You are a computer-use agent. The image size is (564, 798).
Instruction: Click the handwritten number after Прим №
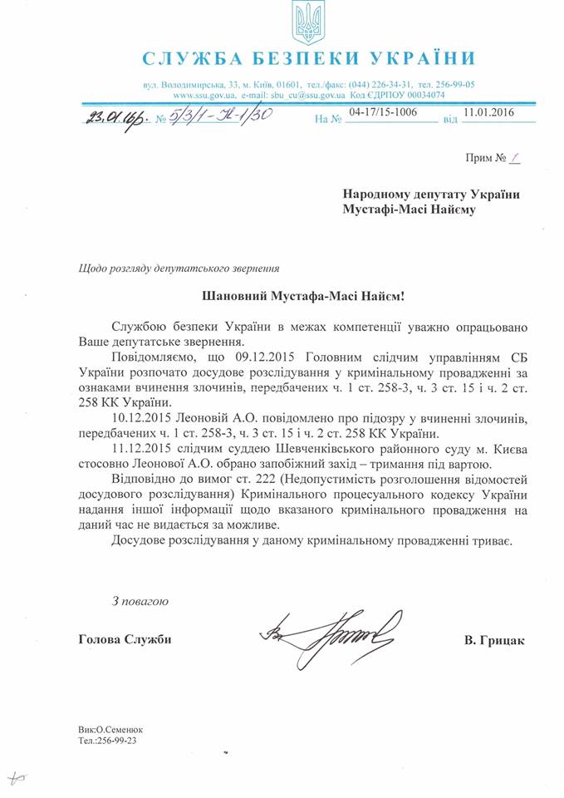pos(514,157)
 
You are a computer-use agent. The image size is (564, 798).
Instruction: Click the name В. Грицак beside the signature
pos(495,640)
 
